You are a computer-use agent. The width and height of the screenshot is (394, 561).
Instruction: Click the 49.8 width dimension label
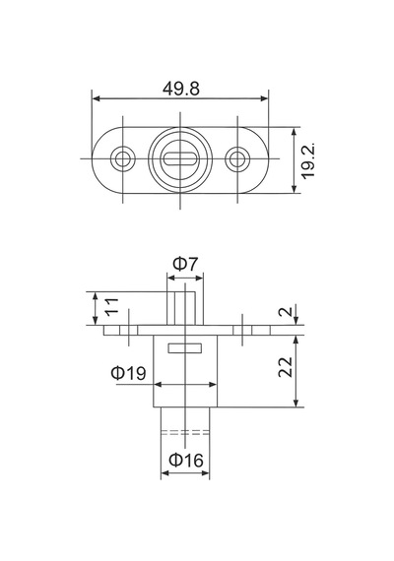tap(181, 89)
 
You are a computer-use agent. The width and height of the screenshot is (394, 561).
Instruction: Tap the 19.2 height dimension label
tap(308, 160)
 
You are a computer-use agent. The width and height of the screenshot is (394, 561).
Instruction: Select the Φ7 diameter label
tap(185, 264)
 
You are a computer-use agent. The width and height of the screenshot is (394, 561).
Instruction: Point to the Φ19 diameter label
tap(128, 373)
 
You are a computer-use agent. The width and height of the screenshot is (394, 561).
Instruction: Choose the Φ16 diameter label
tap(186, 460)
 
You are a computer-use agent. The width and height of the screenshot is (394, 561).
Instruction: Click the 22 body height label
tap(286, 367)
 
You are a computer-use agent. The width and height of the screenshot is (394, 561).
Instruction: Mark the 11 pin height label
tap(111, 306)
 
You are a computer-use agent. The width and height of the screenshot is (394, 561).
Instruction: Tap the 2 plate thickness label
tap(286, 311)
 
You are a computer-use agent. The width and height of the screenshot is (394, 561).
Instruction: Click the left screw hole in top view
tap(123, 158)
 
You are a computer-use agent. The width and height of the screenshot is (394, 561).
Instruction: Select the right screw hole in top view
tap(237, 158)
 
